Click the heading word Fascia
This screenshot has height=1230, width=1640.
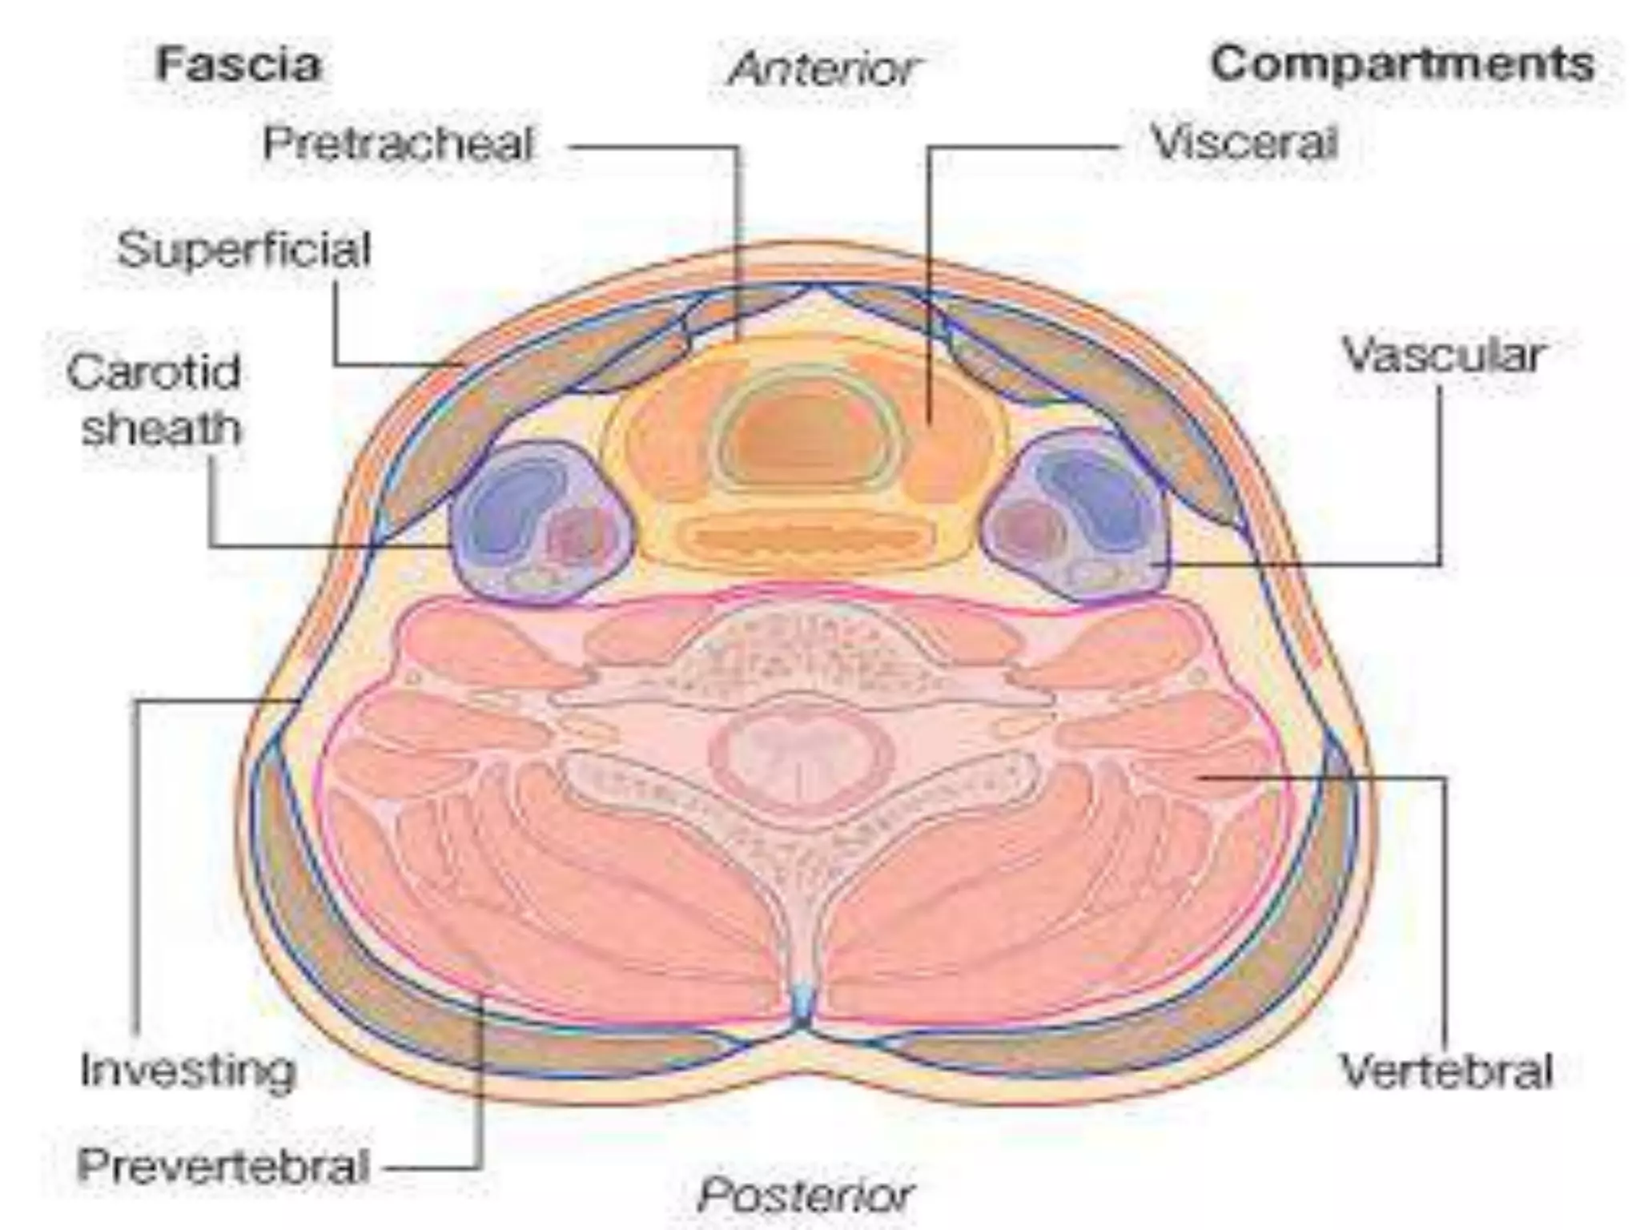pos(239,64)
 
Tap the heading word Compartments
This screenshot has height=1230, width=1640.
pos(1401,64)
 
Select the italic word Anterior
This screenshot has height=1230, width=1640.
pos(824,70)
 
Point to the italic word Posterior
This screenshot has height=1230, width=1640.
pos(805,1196)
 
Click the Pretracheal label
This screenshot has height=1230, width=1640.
pos(398,145)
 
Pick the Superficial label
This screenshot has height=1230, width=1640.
pos(244,249)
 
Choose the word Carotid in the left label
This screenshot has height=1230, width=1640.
pos(154,372)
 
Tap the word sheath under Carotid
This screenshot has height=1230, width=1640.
pos(160,428)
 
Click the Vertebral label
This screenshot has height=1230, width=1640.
pos(1445,1071)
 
